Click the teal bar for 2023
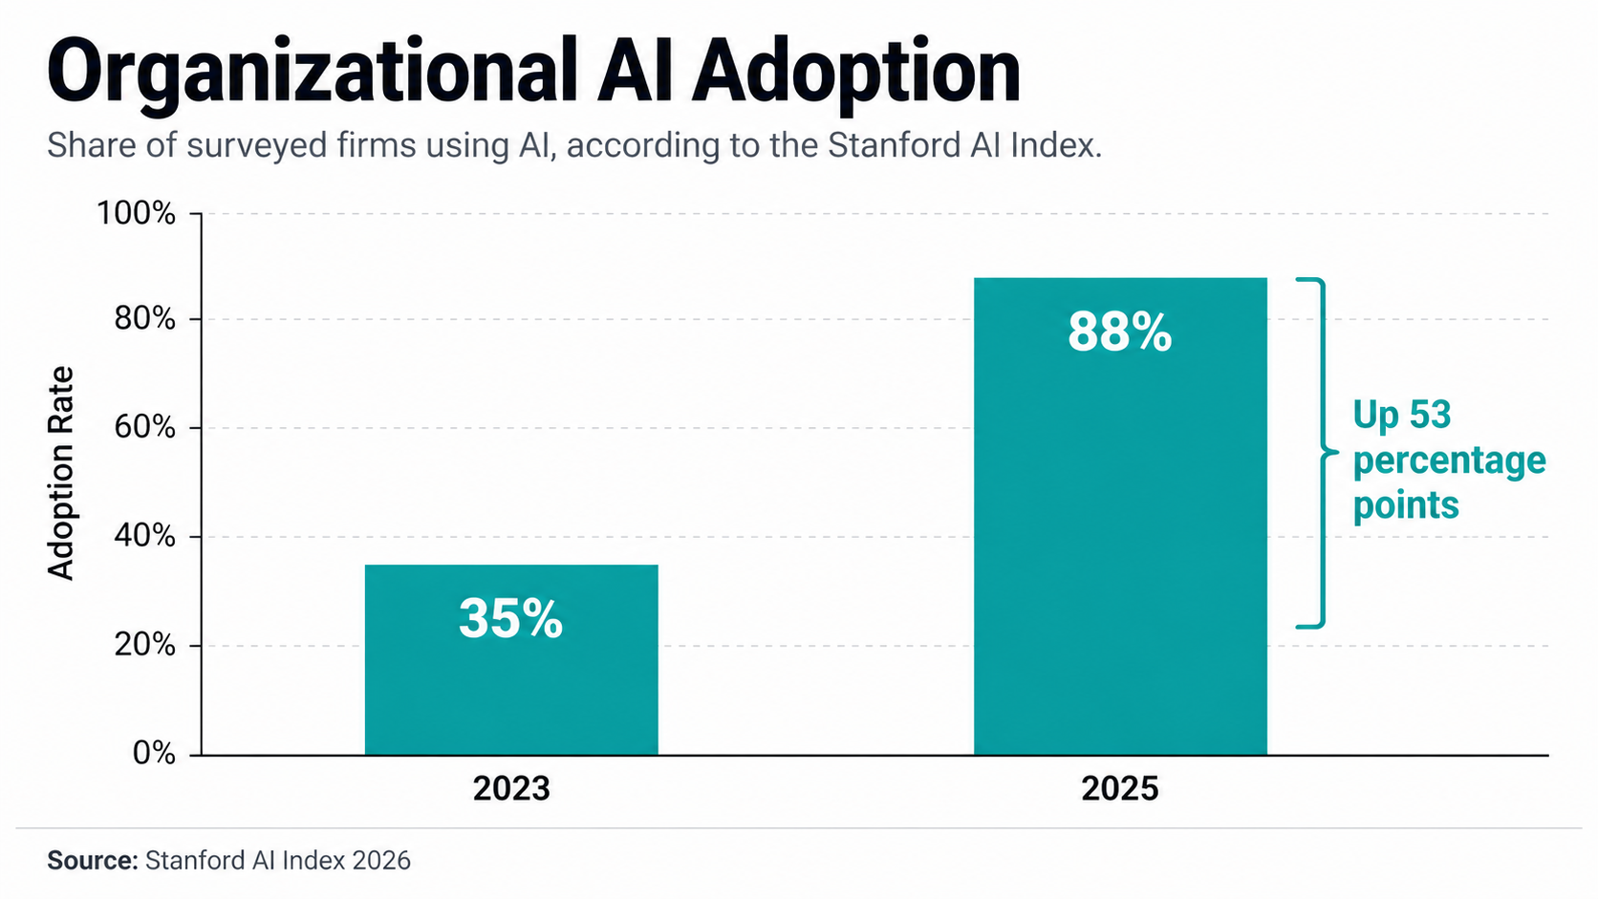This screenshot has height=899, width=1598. [511, 688]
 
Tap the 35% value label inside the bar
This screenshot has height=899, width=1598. [511, 618]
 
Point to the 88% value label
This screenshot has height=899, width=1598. [1120, 332]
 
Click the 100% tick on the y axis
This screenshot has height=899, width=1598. [136, 213]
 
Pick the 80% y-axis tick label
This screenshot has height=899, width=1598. [144, 319]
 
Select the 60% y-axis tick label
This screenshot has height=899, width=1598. [144, 427]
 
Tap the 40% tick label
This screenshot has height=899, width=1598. [144, 536]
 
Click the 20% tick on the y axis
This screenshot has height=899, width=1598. [144, 645]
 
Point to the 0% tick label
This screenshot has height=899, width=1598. [154, 754]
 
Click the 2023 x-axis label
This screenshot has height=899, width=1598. [511, 789]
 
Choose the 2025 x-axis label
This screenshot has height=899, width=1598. [1120, 789]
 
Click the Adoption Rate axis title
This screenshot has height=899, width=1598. [61, 473]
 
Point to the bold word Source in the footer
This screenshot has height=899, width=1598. [93, 861]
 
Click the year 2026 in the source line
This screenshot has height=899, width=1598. [381, 861]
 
